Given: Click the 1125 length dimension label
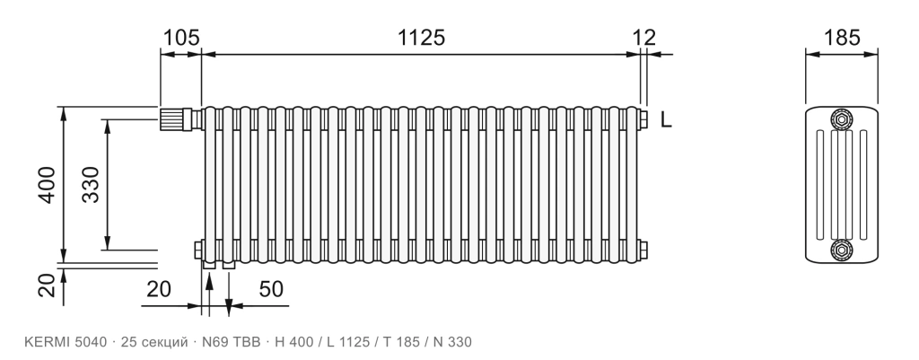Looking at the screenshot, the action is click(x=422, y=38).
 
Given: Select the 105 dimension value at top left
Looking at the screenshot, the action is click(x=181, y=38).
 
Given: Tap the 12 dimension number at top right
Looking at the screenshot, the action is click(x=644, y=38).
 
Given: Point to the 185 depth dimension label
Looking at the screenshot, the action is click(x=842, y=38).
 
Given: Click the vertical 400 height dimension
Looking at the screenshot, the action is click(x=47, y=185).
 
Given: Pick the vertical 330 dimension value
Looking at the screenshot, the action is click(x=91, y=185).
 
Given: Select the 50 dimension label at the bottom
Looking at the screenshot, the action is click(x=271, y=289).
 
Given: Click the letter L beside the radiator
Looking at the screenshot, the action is click(x=666, y=119).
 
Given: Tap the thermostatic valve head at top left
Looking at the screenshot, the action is click(x=171, y=119).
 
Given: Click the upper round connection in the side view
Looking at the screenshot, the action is click(x=842, y=119).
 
